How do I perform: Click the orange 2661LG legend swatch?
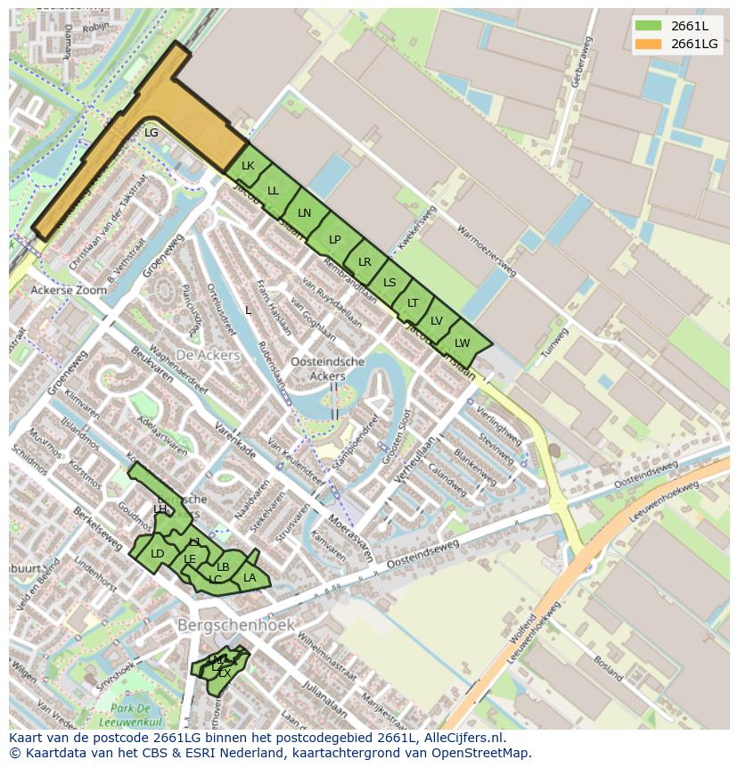649,44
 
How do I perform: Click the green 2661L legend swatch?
649,26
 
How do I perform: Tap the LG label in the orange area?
152,133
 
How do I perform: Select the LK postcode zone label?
248,166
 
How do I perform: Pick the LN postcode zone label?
305,213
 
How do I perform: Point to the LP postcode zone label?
335,240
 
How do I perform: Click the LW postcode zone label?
462,343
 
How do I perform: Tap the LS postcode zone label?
389,283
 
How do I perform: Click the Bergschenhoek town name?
236,625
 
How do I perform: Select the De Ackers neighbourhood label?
208,355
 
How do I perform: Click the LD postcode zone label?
158,554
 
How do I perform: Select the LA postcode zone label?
250,578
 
